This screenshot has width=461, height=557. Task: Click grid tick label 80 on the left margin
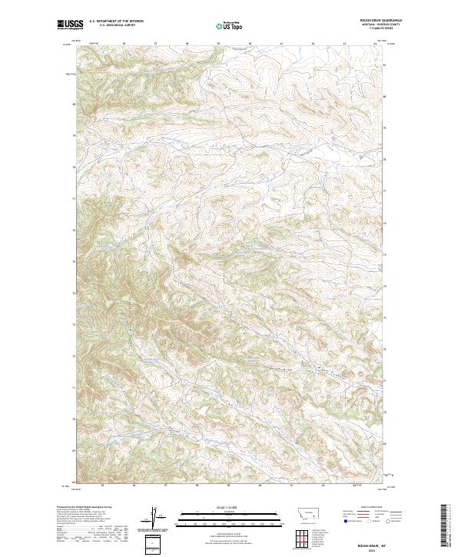[x=74, y=104]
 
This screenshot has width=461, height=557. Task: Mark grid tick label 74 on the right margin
[x=384, y=293]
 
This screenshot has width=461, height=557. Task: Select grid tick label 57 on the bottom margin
[x=167, y=487]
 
